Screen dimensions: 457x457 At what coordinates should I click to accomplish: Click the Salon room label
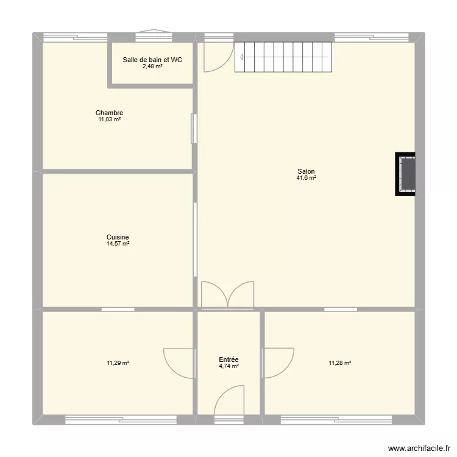click(306, 171)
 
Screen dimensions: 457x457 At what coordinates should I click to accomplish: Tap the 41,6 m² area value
click(306, 178)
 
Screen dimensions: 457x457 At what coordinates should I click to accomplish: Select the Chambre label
click(109, 113)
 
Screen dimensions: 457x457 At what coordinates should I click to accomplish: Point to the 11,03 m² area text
click(109, 119)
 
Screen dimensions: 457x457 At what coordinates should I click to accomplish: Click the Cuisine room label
click(118, 237)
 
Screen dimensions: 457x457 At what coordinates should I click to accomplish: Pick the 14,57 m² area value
click(118, 244)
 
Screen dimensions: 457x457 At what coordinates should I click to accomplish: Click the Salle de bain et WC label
click(152, 60)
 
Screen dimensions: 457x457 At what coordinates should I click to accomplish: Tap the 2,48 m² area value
click(152, 66)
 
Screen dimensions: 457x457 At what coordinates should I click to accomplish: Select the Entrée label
click(228, 360)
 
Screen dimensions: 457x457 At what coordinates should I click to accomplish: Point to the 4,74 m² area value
click(228, 366)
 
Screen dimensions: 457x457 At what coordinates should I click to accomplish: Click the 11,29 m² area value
click(118, 363)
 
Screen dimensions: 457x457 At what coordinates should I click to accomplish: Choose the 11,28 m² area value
click(340, 363)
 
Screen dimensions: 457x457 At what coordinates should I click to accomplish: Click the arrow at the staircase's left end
click(243, 58)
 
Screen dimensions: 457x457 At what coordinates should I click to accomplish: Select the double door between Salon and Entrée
click(227, 294)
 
